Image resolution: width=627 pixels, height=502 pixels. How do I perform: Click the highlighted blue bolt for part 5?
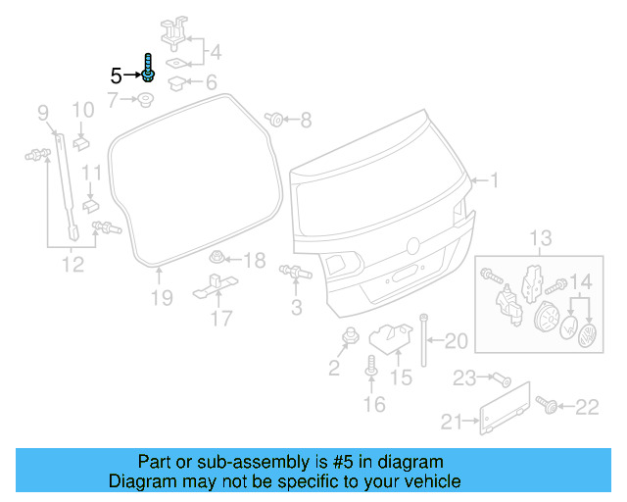[x=147, y=70]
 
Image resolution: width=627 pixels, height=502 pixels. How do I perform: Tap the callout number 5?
[x=115, y=75]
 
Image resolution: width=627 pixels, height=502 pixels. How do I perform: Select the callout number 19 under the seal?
[x=162, y=297]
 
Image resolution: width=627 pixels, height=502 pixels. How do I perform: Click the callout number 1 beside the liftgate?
[x=495, y=180]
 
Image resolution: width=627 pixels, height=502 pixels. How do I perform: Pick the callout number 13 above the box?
[x=542, y=238]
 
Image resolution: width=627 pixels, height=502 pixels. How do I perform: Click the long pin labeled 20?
[x=424, y=338]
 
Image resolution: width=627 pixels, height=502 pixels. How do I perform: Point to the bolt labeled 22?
[x=545, y=404]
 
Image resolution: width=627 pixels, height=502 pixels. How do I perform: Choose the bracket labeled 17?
[x=215, y=287]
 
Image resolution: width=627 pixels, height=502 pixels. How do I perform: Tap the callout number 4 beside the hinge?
[x=215, y=52]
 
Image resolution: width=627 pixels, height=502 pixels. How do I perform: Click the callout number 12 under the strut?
[x=72, y=262]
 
